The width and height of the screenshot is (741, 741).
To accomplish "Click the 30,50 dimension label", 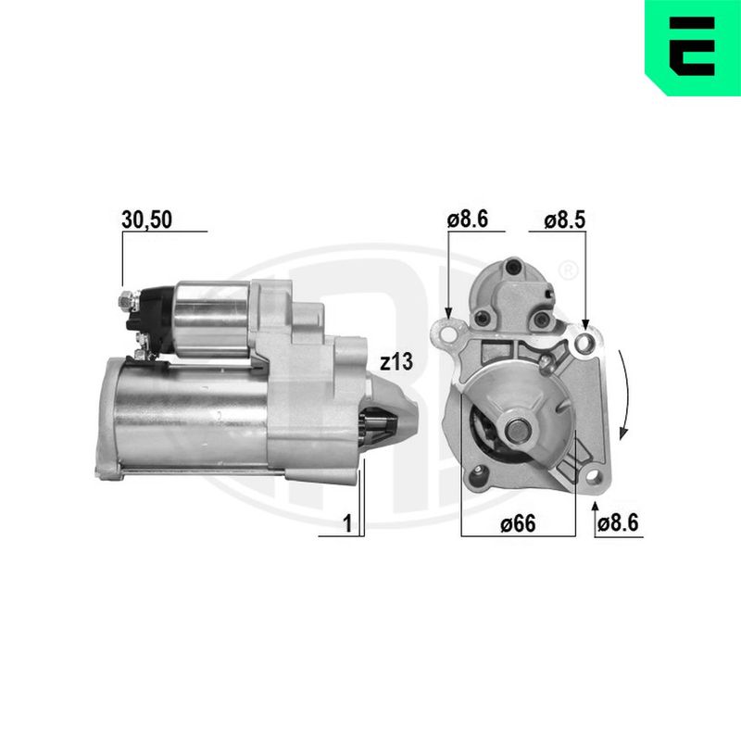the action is click(146, 220).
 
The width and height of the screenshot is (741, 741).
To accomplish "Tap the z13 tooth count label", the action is click(396, 362).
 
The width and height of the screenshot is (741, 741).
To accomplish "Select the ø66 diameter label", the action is click(518, 523).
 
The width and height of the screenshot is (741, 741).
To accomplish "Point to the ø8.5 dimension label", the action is click(564, 220).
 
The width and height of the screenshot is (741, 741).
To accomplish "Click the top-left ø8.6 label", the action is click(468, 220).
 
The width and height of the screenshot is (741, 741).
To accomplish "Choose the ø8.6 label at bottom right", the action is click(618, 523).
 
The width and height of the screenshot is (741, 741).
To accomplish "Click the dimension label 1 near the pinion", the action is click(347, 523).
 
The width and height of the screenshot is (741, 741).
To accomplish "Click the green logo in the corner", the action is click(693, 48).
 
